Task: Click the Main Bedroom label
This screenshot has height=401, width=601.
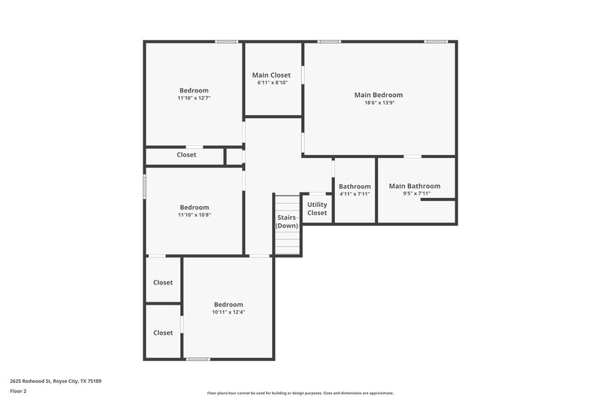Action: [379, 95]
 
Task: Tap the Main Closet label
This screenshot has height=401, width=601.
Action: [271, 75]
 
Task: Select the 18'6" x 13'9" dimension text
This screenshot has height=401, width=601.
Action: [379, 103]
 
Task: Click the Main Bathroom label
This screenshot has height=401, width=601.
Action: [415, 186]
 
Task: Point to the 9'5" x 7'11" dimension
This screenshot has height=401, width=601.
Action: [416, 194]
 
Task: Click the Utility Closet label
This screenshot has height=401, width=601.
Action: [317, 208]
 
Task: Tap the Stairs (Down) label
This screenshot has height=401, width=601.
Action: [287, 221]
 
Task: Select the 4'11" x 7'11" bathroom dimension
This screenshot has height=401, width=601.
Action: [355, 194]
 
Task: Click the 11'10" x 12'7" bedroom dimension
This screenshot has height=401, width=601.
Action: [194, 99]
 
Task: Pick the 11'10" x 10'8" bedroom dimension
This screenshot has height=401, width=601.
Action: [194, 215]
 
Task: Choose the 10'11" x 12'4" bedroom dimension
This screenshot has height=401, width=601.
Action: [228, 312]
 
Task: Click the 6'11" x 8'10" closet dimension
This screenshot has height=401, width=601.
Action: [272, 83]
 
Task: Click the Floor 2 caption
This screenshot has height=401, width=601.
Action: [18, 391]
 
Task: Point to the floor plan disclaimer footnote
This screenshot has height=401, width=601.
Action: [300, 393]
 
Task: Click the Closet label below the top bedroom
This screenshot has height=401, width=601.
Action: [186, 155]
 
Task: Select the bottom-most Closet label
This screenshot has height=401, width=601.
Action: [163, 333]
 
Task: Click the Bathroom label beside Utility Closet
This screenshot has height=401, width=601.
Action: [355, 186]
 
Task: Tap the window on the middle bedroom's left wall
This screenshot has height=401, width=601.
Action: [144, 187]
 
